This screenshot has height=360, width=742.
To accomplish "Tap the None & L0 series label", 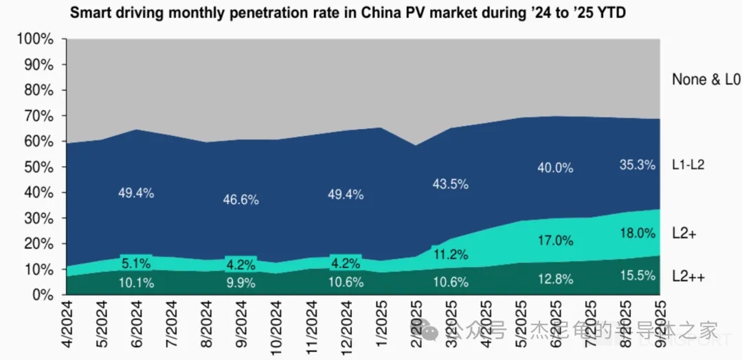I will [x=706, y=80].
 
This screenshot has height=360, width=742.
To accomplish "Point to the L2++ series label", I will [x=689, y=276].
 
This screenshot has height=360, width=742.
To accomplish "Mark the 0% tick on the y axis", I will [x=42, y=295].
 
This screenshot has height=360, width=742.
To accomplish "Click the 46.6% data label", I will [x=240, y=200].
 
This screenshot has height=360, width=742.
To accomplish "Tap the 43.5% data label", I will [x=451, y=184].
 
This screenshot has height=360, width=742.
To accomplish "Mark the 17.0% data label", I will [x=555, y=241].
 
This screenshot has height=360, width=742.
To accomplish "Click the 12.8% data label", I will [x=555, y=279].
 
